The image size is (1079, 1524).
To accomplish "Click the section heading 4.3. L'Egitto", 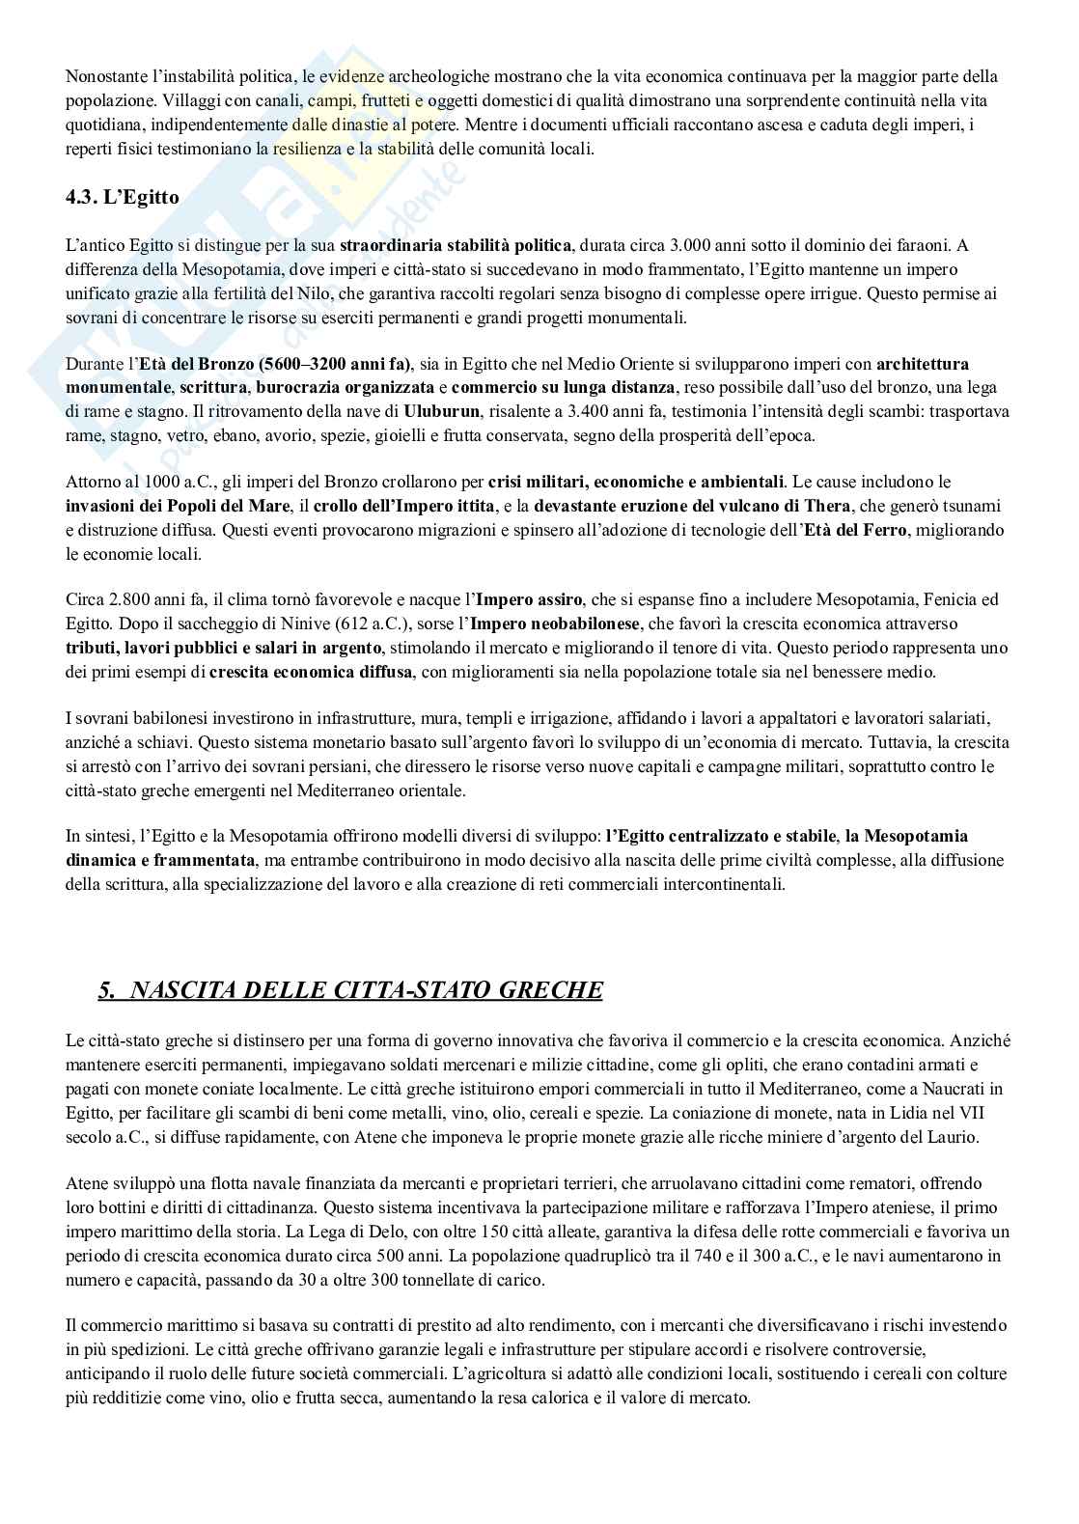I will click(x=122, y=196).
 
